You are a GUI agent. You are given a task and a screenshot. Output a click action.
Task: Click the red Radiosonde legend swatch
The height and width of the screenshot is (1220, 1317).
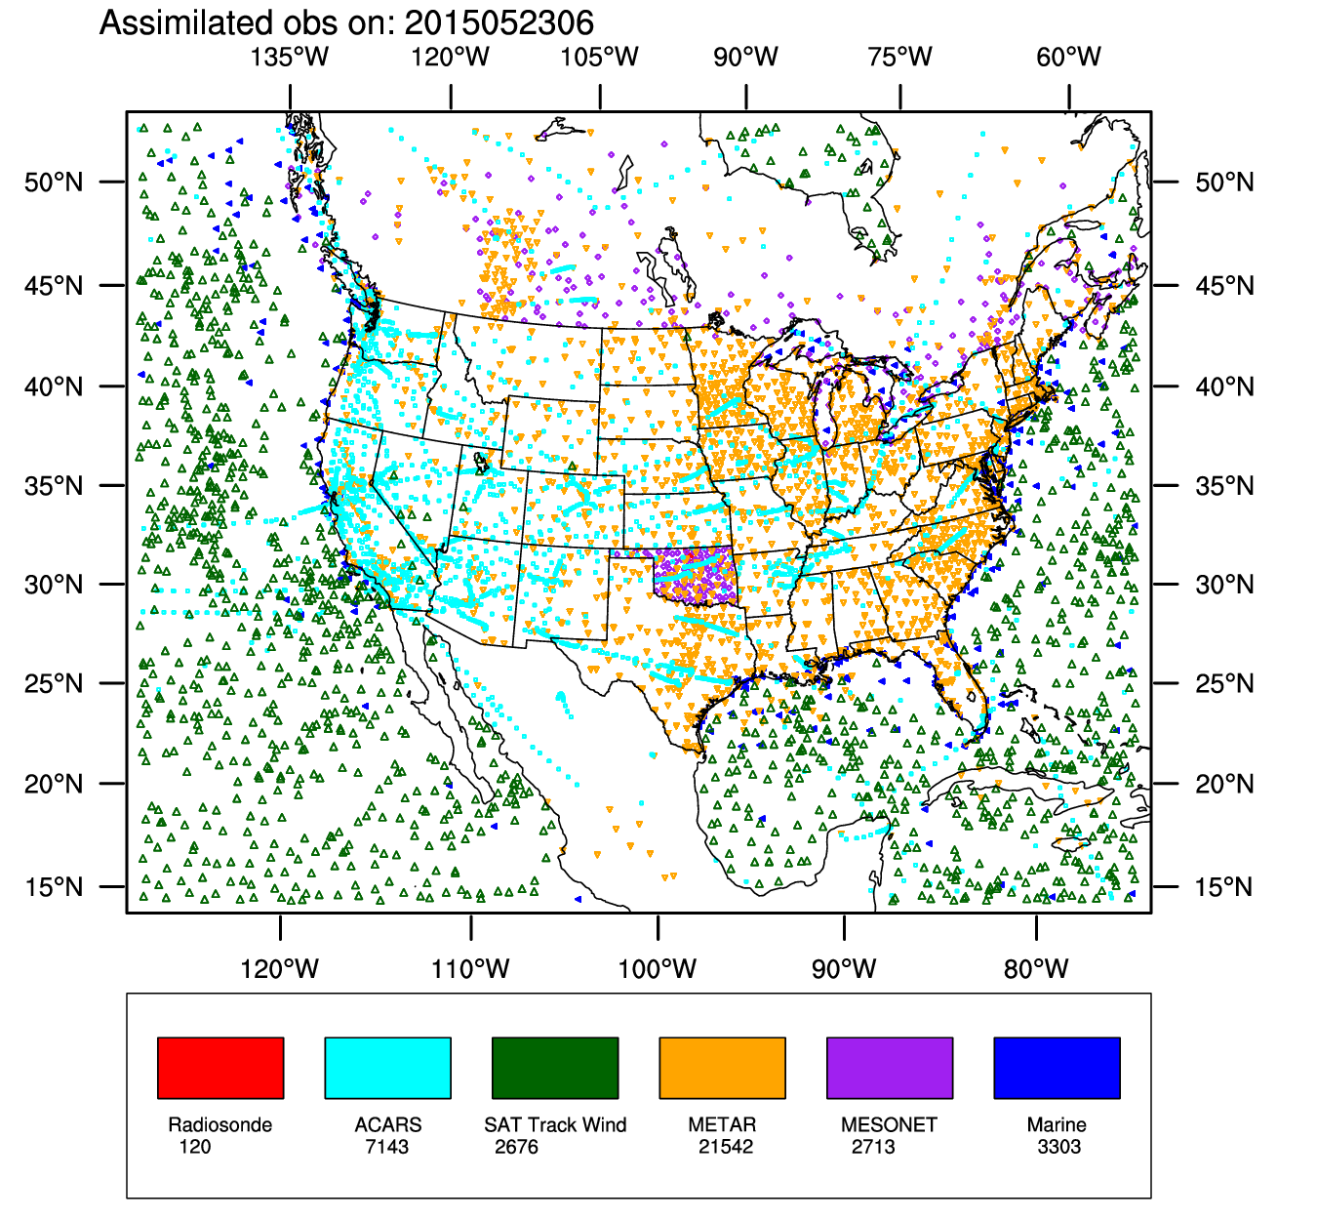220,1068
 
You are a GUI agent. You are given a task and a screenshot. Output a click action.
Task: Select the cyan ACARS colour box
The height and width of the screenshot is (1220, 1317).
387,1068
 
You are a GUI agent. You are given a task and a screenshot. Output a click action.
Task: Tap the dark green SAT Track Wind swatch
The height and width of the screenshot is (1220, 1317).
555,1068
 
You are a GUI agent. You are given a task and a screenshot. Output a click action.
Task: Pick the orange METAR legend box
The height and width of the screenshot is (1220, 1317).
722,1068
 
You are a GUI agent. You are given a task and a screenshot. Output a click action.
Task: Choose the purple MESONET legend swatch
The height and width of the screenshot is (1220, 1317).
890,1068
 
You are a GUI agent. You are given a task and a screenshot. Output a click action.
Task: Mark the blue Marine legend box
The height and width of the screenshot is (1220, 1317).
1057,1068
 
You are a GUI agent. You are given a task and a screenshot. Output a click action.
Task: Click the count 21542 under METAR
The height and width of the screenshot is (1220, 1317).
726,1147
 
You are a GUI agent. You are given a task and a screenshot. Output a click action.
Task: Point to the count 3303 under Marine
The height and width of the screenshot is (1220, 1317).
1059,1147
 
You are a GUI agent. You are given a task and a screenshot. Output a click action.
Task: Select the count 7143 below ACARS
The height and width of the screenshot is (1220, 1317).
387,1147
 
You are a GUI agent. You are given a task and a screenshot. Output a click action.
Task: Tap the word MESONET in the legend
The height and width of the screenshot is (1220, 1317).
889,1124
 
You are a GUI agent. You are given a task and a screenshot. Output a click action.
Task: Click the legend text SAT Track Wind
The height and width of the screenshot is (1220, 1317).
555,1124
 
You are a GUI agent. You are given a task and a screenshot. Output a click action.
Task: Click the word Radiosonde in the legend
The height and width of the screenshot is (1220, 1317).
220,1124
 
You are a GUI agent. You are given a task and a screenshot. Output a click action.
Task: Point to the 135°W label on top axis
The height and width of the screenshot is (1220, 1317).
290,57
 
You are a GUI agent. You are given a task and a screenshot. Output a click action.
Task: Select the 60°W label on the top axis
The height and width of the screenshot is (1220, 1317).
1069,57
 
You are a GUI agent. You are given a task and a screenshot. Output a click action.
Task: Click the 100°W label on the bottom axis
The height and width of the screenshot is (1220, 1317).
658,969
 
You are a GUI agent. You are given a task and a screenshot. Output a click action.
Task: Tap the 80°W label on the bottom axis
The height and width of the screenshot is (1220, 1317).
1036,969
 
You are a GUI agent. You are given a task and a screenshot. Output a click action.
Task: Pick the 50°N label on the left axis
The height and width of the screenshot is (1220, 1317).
54,182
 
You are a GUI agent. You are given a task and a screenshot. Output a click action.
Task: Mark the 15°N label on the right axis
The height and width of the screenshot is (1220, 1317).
1224,887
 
